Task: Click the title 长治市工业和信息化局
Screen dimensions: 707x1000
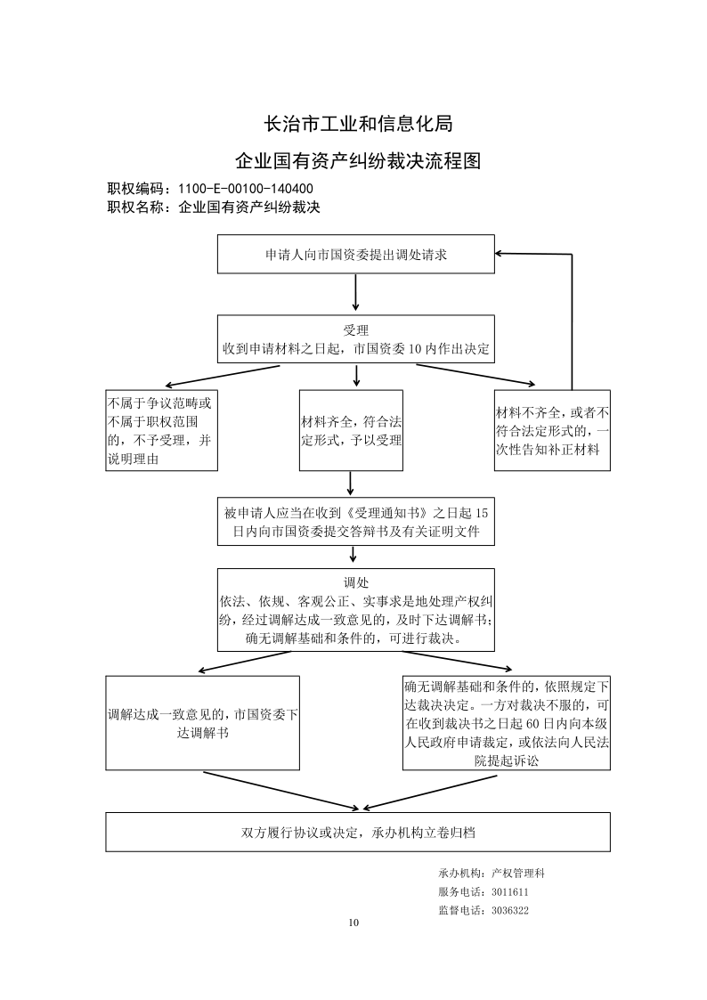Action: pyautogui.click(x=358, y=123)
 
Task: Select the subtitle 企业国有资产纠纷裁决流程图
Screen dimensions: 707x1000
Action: pyautogui.click(x=358, y=160)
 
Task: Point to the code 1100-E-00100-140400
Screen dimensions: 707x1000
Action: pyautogui.click(x=246, y=189)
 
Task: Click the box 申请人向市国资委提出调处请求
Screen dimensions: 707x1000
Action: pyautogui.click(x=356, y=255)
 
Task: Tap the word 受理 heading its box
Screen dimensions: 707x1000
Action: pyautogui.click(x=356, y=330)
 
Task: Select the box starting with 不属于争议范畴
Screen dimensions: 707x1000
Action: pyautogui.click(x=161, y=430)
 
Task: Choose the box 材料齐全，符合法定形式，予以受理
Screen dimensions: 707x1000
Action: pyautogui.click(x=351, y=430)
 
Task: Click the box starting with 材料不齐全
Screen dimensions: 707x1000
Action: pyautogui.click(x=552, y=430)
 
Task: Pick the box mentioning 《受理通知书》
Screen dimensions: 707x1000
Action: pyautogui.click(x=356, y=522)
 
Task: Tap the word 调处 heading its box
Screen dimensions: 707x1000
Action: pyautogui.click(x=356, y=582)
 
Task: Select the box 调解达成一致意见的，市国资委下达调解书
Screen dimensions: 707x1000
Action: pyautogui.click(x=202, y=723)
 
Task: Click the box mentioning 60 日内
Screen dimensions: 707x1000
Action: pyautogui.click(x=506, y=723)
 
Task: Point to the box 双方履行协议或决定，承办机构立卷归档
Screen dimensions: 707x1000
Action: pyautogui.click(x=358, y=833)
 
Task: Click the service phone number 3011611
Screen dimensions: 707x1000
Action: pyautogui.click(x=510, y=892)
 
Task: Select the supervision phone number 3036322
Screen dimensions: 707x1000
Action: pyautogui.click(x=510, y=911)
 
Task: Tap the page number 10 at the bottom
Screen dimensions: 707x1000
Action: pyautogui.click(x=353, y=923)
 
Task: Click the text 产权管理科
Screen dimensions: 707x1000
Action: pyautogui.click(x=518, y=874)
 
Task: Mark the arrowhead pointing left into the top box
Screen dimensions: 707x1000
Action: pyautogui.click(x=500, y=253)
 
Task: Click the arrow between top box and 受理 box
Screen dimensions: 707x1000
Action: pyautogui.click(x=356, y=293)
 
